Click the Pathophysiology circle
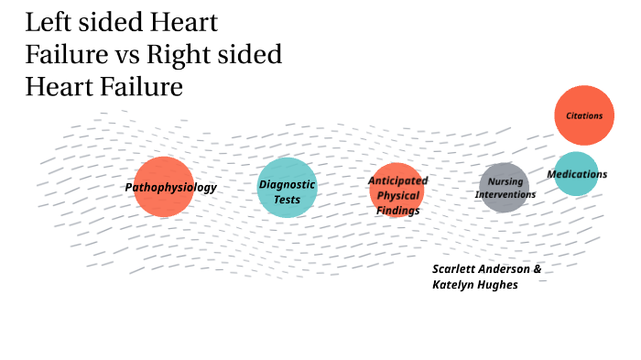click(x=164, y=187)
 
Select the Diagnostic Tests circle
click(x=288, y=188)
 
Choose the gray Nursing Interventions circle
click(x=504, y=188)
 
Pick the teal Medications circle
click(x=577, y=174)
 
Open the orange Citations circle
click(x=584, y=115)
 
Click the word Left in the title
click(x=48, y=22)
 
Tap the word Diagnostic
click(x=287, y=184)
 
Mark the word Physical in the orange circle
click(x=397, y=195)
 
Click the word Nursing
click(x=505, y=181)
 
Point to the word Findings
click(x=397, y=210)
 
